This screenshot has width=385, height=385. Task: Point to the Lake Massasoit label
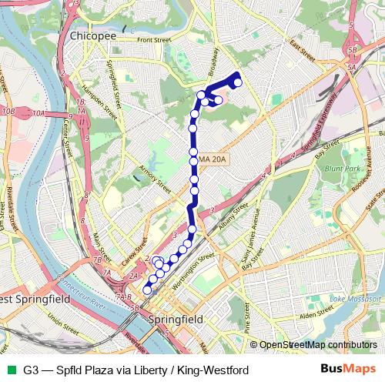pyautogui.click(x=352, y=298)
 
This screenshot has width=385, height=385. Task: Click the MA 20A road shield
pyautogui.click(x=212, y=159)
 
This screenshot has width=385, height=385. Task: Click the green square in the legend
pyautogui.click(x=11, y=370)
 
